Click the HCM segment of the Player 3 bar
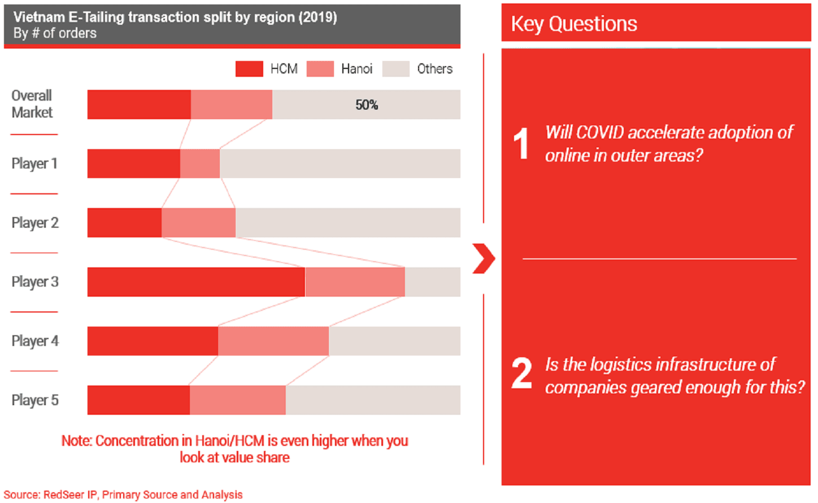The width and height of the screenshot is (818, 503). tap(196, 282)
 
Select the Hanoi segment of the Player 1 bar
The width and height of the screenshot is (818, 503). tap(200, 164)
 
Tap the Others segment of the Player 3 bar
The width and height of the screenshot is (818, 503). tap(432, 282)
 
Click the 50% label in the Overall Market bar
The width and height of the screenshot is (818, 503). tap(367, 105)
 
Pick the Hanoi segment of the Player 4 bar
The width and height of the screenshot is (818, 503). tap(273, 341)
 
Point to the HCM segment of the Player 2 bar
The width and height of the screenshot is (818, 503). tap(124, 223)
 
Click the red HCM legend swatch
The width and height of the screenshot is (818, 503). tap(249, 69)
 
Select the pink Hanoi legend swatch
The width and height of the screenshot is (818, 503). tap(320, 69)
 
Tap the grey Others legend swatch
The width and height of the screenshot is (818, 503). tap(395, 69)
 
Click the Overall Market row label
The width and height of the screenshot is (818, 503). tap(32, 104)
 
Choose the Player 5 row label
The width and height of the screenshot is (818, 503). tap(35, 400)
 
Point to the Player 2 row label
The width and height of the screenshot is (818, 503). tap(35, 223)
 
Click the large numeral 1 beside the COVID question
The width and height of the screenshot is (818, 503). tap(521, 144)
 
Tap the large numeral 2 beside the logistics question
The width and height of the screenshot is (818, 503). tap(521, 374)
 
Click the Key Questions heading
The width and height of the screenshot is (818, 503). tap(574, 24)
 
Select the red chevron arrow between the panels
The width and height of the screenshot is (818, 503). tap(484, 259)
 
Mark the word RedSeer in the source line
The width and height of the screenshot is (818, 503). tap(64, 495)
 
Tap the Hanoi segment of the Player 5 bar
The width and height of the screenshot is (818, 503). tap(237, 400)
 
